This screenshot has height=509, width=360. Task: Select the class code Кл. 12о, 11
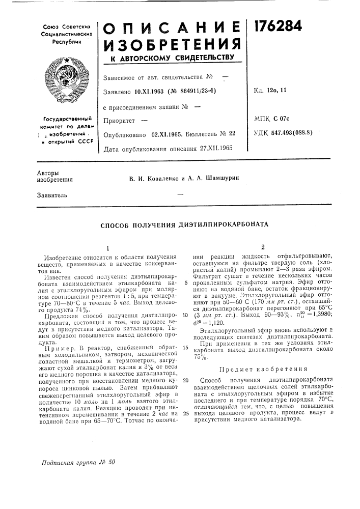pyautogui.click(x=271, y=91)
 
